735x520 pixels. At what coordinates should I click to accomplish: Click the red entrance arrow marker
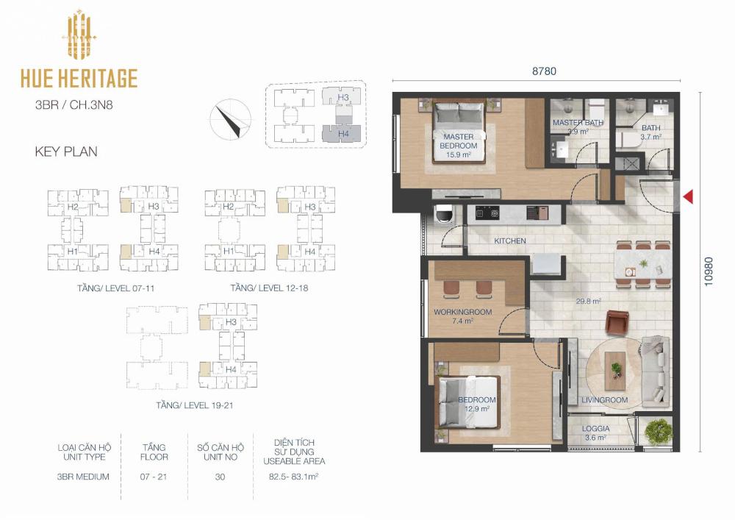pyautogui.click(x=688, y=196)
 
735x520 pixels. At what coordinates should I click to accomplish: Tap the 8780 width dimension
pyautogui.click(x=544, y=71)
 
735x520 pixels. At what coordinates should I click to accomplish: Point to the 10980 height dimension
pyautogui.click(x=709, y=271)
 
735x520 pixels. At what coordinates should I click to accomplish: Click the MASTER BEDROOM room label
pyautogui.click(x=459, y=141)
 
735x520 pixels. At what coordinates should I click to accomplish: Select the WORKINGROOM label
pyautogui.click(x=462, y=312)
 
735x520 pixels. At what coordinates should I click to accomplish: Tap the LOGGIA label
pyautogui.click(x=596, y=429)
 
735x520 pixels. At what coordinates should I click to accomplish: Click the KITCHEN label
pyautogui.click(x=510, y=241)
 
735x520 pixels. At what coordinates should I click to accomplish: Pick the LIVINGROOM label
pyautogui.click(x=605, y=400)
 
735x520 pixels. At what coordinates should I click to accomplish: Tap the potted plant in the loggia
pyautogui.click(x=658, y=432)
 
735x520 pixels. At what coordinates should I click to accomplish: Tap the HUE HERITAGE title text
pyautogui.click(x=79, y=78)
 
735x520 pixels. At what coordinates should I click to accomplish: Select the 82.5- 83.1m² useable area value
pyautogui.click(x=294, y=477)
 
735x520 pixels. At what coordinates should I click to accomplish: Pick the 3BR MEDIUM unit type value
pyautogui.click(x=83, y=477)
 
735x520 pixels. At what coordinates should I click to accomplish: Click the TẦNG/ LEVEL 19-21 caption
pyautogui.click(x=195, y=405)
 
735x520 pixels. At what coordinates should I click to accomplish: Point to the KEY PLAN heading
pyautogui.click(x=66, y=152)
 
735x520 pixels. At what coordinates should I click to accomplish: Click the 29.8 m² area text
pyautogui.click(x=589, y=302)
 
